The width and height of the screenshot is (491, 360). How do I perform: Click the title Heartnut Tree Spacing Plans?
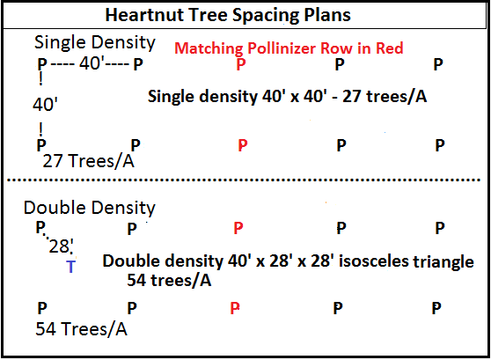(228, 15)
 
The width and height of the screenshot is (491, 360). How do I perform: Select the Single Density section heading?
(94, 42)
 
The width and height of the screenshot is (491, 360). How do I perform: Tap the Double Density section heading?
(90, 208)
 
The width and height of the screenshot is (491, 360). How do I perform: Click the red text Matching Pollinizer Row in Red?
(289, 48)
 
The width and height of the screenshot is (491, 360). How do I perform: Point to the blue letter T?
(71, 267)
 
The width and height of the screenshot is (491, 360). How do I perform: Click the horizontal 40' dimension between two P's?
(90, 63)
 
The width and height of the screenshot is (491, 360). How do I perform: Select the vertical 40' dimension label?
(45, 105)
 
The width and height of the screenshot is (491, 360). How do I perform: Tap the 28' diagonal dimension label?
(61, 246)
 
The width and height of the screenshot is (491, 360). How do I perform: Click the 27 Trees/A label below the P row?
(88, 161)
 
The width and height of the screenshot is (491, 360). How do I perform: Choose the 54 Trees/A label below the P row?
(82, 329)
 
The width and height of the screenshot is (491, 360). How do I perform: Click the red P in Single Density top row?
(241, 64)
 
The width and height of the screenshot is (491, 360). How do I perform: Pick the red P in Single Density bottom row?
(243, 145)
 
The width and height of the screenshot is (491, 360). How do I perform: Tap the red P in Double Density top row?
(238, 228)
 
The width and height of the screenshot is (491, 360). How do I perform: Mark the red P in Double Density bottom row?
(235, 308)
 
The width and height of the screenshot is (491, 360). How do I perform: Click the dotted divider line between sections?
(244, 180)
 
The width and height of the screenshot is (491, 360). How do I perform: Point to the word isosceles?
(374, 261)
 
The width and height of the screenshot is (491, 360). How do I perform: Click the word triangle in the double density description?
(443, 262)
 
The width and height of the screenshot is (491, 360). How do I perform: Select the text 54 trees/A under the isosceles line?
(169, 280)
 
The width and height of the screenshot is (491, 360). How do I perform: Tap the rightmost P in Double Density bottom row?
(436, 308)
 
